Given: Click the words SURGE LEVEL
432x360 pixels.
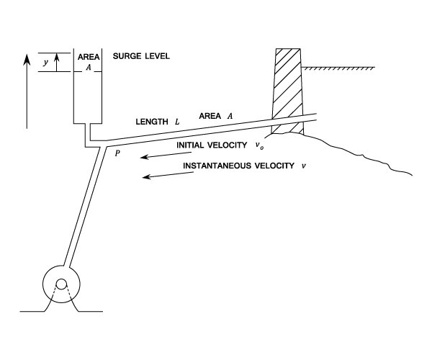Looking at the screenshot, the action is tap(141, 56).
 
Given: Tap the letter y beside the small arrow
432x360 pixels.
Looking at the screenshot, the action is tap(46, 63).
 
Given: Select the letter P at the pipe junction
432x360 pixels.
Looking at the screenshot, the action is tap(117, 153).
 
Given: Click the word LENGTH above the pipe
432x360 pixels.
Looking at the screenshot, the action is tap(152, 122).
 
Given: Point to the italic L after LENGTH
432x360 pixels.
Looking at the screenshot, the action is tap(177, 122).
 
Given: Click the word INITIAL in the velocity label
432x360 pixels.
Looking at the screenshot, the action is tap(190, 145).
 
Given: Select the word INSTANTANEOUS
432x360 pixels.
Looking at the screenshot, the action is tap(217, 166).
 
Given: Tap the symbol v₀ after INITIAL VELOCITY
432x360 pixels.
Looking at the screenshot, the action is tap(259, 145).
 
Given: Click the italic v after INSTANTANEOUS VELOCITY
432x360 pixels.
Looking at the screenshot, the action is tap(304, 166).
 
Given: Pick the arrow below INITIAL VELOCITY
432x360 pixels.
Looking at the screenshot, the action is tap(166, 155).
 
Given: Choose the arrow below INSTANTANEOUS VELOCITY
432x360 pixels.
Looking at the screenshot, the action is tap(168, 175).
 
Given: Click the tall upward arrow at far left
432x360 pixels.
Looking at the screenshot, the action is tap(27, 91).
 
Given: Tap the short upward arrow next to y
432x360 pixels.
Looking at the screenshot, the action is tap(56, 63).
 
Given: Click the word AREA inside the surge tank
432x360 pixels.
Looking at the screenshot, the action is tap(89, 57).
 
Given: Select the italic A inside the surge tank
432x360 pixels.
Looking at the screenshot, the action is tap(88, 68).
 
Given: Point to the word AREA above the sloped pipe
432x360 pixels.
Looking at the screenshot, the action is tap(210, 116).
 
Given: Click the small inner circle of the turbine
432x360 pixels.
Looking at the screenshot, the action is tap(61, 284).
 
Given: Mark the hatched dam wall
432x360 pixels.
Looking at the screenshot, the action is tap(288, 91).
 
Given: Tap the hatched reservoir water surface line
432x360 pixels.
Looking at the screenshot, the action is tap(338, 68).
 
